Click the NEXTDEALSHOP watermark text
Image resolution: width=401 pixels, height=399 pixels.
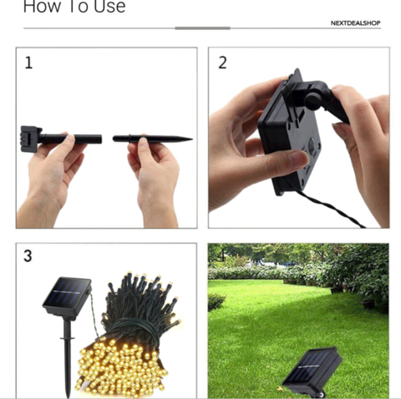click(355, 23)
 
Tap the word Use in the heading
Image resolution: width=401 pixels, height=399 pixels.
click(109, 6)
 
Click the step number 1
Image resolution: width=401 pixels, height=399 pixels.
click(28, 63)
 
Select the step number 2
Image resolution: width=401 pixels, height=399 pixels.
click(222, 63)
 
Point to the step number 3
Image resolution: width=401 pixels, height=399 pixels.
click(28, 255)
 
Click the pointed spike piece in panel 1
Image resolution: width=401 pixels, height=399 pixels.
click(152, 139)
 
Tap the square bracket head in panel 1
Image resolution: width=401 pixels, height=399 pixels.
click(30, 139)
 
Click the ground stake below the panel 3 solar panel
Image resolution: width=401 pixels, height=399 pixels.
click(67, 357)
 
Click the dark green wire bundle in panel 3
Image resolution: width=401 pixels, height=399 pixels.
click(140, 306)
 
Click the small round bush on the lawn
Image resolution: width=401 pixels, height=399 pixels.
click(216, 302)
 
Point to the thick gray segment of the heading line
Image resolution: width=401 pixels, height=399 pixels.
click(202, 28)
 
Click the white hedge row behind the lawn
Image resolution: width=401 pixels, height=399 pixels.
click(267, 272)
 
